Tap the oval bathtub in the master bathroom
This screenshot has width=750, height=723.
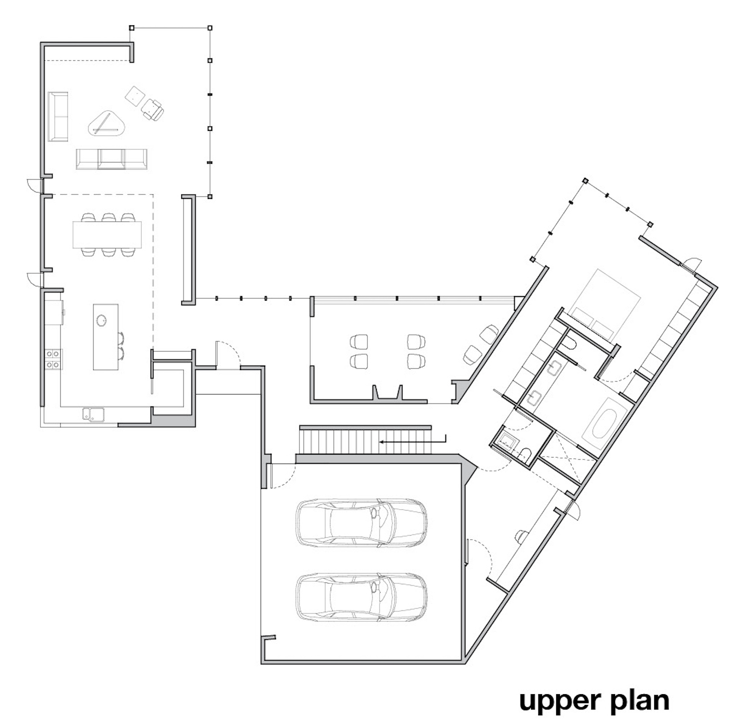click(x=604, y=423)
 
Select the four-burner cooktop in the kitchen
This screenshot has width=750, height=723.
click(x=53, y=359)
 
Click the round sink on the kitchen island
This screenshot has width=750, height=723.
click(x=101, y=320)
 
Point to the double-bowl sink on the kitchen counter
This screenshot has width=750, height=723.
click(x=93, y=415)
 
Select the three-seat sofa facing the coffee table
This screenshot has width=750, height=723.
click(x=112, y=159)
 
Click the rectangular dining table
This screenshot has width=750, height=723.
click(x=107, y=235)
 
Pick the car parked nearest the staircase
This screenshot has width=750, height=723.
click(x=361, y=523)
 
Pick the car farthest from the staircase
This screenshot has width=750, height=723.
click(x=361, y=597)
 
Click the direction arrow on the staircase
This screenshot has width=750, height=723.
click(x=413, y=440)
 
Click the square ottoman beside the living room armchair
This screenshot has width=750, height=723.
click(x=135, y=96)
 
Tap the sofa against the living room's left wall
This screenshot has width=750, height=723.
click(x=58, y=117)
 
